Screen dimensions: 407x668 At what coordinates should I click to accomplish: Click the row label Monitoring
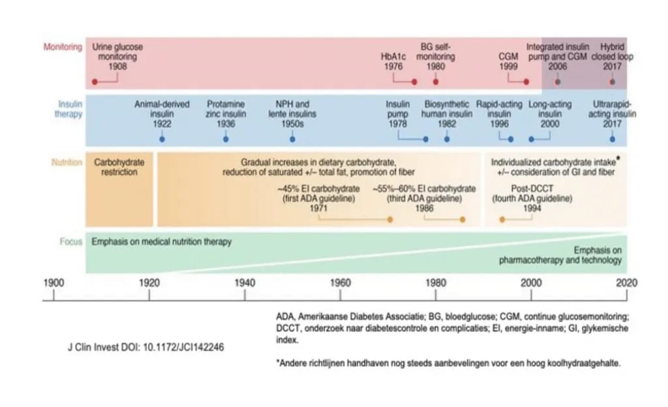pyautogui.click(x=63, y=47)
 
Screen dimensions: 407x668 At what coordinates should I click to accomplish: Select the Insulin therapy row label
pyautogui.click(x=70, y=109)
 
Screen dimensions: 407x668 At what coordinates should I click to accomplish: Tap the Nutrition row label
pyautogui.click(x=67, y=162)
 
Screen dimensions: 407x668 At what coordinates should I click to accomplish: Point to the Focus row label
pyautogui.click(x=72, y=241)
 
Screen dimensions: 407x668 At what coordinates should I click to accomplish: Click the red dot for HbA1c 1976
pyautogui.click(x=414, y=82)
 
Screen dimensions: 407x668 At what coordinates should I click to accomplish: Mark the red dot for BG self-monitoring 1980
pyautogui.click(x=436, y=82)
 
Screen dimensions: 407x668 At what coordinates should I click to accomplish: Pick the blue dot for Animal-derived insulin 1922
pyautogui.click(x=162, y=139)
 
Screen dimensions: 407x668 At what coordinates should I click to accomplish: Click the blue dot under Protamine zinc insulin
pyautogui.click(x=226, y=139)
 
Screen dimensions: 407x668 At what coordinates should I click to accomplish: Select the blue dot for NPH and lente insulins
pyautogui.click(x=292, y=139)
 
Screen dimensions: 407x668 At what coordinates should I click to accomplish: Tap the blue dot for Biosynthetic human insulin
pyautogui.click(x=447, y=139)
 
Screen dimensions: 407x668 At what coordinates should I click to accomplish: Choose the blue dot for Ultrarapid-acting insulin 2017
pyautogui.click(x=613, y=139)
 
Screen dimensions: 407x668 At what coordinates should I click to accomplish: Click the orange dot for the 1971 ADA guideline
pyautogui.click(x=389, y=219)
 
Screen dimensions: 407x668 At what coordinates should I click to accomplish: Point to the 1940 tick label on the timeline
pyautogui.click(x=245, y=282)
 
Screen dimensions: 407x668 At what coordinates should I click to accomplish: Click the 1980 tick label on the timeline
pyautogui.click(x=436, y=282)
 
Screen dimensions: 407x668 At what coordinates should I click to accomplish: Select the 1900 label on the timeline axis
pyautogui.click(x=53, y=282)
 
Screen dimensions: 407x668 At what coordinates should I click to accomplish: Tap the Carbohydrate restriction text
pyautogui.click(x=119, y=167)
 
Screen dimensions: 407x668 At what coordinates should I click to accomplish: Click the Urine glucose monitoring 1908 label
pyautogui.click(x=118, y=57)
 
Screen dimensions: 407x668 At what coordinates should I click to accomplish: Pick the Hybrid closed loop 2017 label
pyautogui.click(x=613, y=57)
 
